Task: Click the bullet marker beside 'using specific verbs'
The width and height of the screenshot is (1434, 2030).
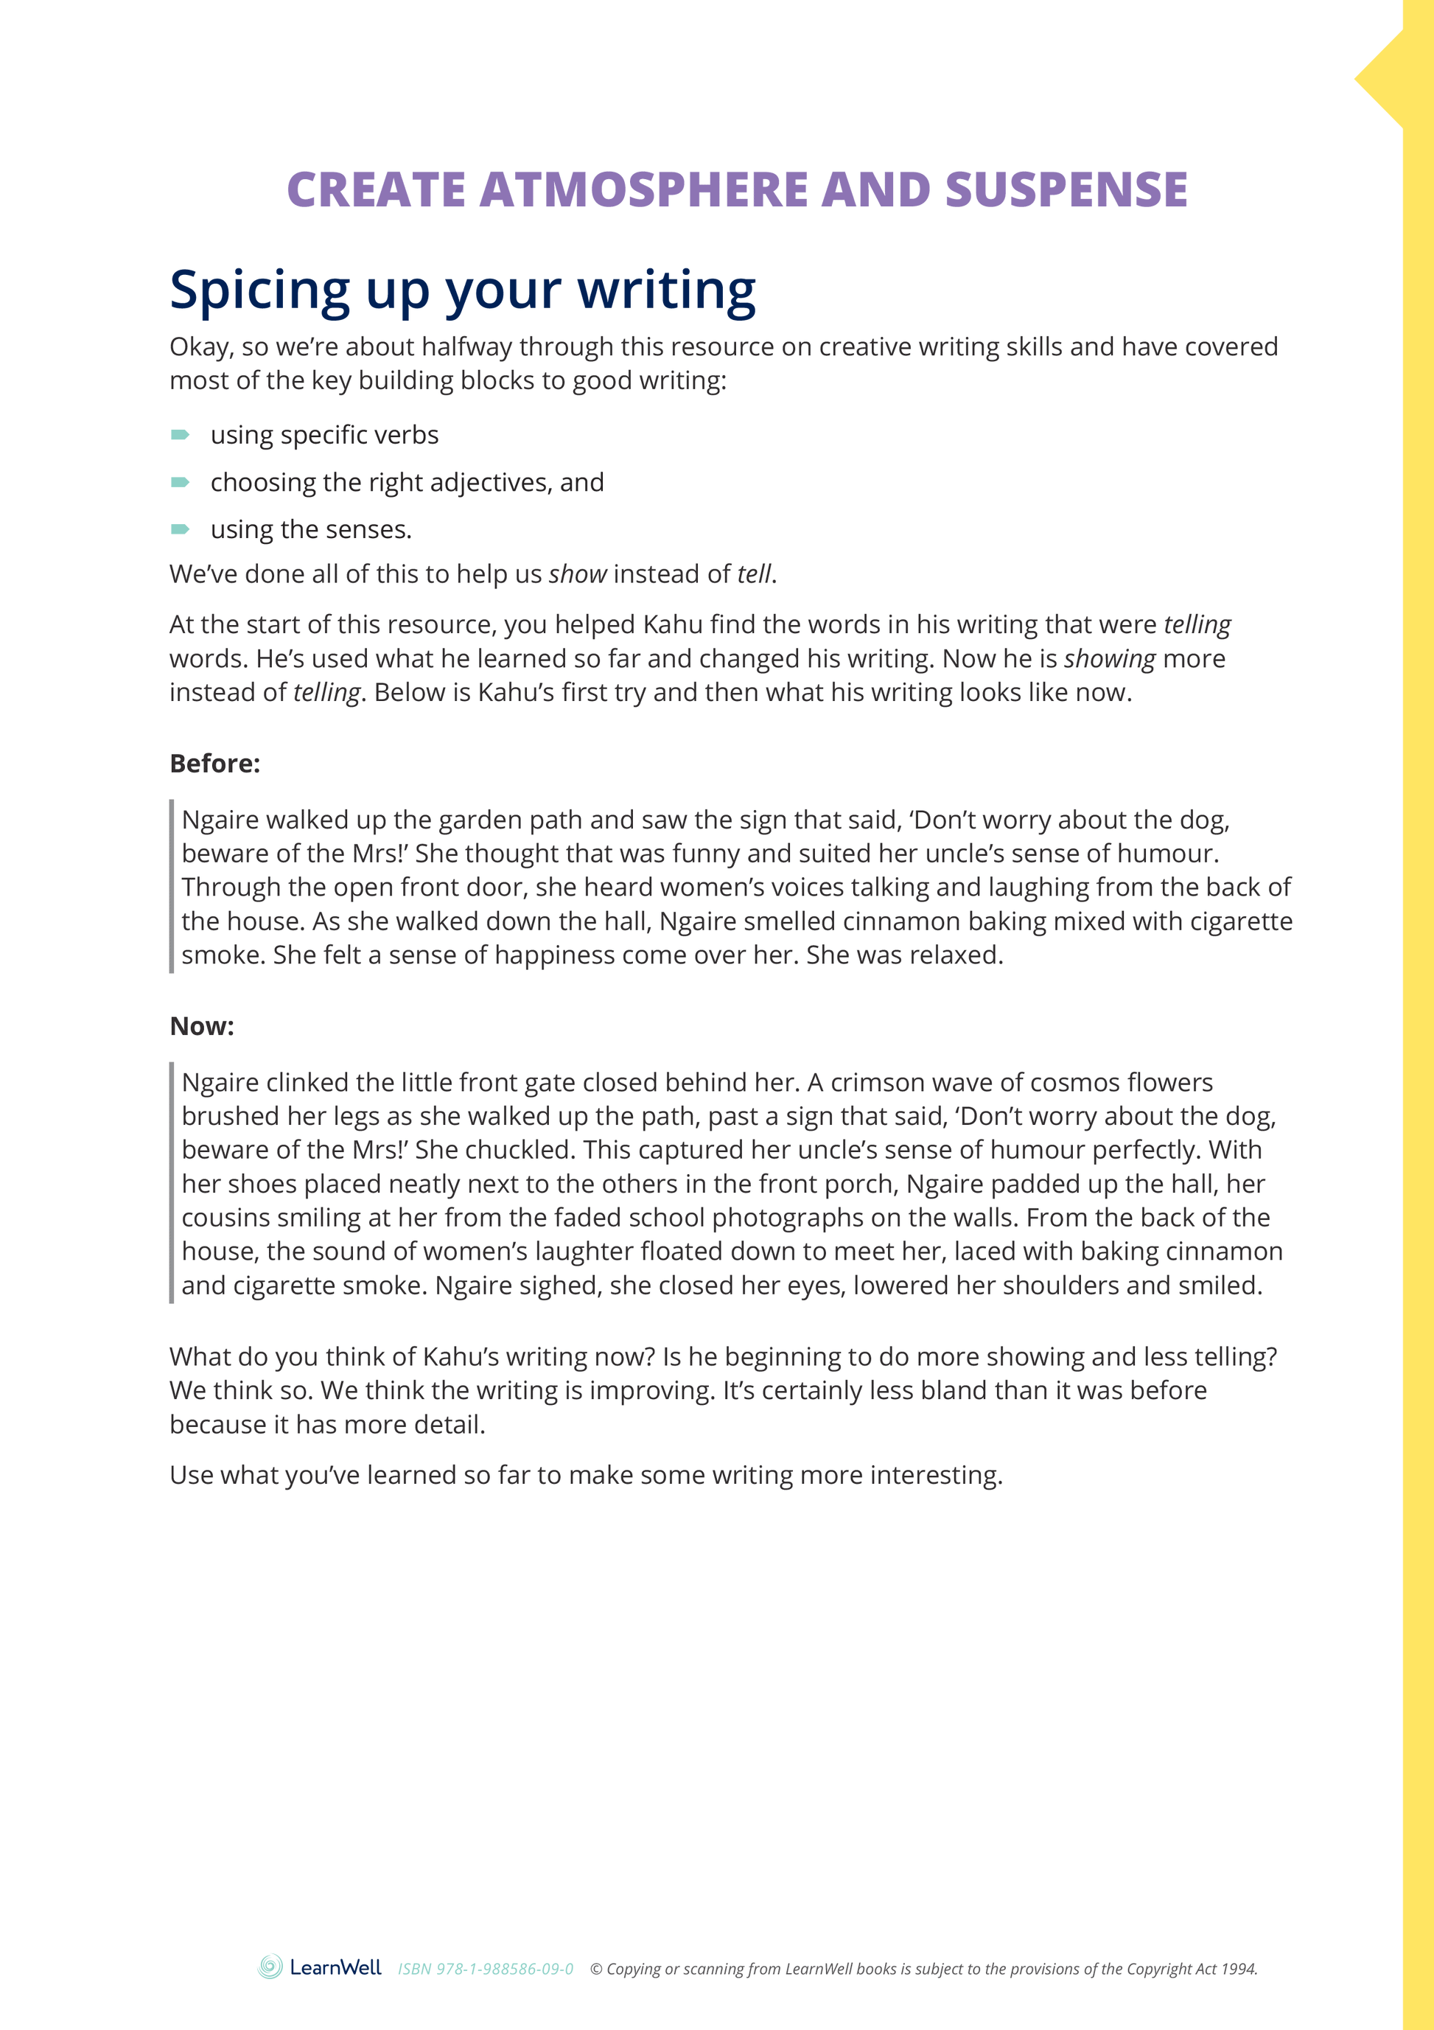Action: [x=181, y=434]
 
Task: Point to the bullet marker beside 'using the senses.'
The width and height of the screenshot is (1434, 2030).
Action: [x=181, y=529]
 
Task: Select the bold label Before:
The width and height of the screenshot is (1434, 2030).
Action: [x=215, y=763]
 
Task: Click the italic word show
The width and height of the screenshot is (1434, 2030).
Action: [x=577, y=575]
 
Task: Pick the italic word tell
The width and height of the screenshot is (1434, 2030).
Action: [x=754, y=575]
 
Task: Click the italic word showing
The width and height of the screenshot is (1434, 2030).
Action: [x=1110, y=659]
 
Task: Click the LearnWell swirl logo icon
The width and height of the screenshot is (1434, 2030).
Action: [x=270, y=1967]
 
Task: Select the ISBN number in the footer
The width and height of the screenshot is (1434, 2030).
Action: [x=486, y=1969]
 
